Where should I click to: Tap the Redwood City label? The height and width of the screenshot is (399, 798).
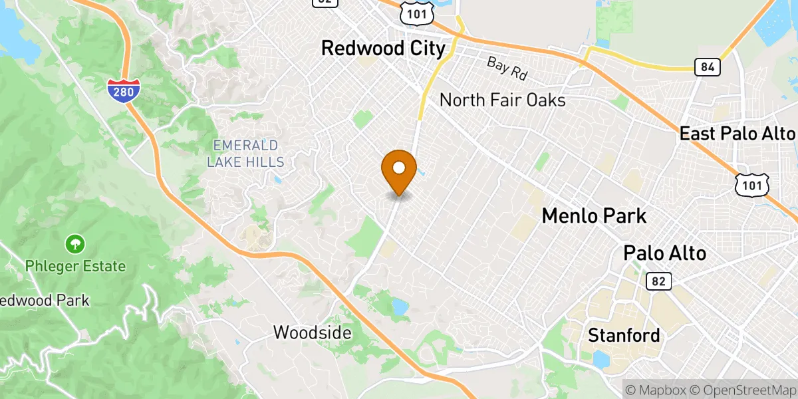pos(383,49)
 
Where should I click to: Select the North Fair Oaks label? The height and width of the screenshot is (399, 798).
pos(503,100)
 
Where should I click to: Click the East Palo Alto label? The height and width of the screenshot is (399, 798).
pos(737,134)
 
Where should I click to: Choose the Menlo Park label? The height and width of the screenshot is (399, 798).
pos(594,215)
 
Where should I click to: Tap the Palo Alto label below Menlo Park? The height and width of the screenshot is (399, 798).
pos(664,253)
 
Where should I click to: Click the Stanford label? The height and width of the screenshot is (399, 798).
pos(624,336)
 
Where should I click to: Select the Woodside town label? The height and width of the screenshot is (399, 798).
pos(312,332)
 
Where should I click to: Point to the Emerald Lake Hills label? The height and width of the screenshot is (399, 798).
pos(245,154)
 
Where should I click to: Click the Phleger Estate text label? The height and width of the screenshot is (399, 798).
pos(75,267)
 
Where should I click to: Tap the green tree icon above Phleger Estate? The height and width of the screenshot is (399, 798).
pos(75,244)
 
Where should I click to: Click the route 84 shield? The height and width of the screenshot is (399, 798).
pos(706,66)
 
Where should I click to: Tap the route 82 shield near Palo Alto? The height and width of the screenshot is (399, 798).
pos(658,281)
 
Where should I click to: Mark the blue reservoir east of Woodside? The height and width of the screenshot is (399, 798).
pos(400,307)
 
